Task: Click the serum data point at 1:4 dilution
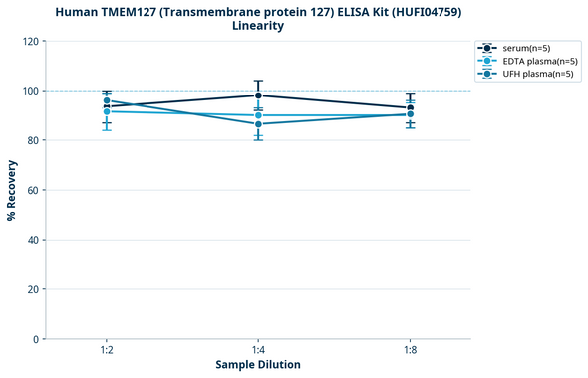coord(259,95)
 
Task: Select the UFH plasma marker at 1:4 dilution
coord(259,124)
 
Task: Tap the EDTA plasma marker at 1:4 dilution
coord(259,115)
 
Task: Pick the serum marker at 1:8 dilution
coord(411,107)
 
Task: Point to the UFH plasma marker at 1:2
coord(107,100)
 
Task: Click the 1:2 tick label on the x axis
coord(107,350)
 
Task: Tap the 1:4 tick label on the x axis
coord(259,350)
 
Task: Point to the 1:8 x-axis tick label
coord(411,350)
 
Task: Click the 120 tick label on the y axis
coord(31,41)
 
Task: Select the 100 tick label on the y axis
coord(31,91)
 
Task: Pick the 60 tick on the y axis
coord(34,190)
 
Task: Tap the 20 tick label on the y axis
coord(34,289)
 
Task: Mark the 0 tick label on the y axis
coord(37,339)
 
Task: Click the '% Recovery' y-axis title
coord(12,190)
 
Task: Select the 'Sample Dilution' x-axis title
coord(258,365)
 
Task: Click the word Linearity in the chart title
coord(258,26)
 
